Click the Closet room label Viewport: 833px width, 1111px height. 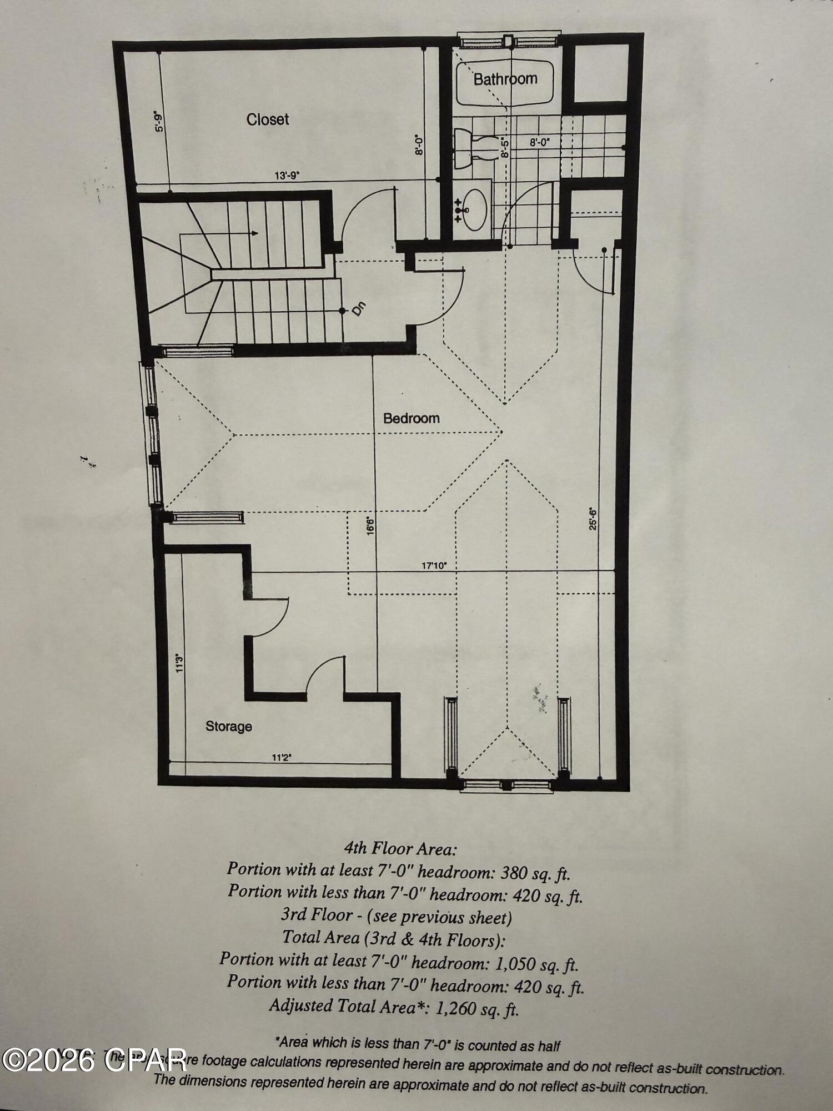268,119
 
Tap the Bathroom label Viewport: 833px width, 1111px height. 505,79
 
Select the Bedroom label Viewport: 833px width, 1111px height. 412,418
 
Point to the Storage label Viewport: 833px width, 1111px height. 229,726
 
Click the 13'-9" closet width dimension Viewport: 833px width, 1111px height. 287,176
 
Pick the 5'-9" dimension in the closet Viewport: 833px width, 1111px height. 160,122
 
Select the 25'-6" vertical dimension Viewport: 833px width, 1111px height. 593,519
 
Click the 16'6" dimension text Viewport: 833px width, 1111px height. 370,526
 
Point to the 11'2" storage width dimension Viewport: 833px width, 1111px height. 282,757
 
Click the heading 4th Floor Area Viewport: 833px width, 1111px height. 400,848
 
